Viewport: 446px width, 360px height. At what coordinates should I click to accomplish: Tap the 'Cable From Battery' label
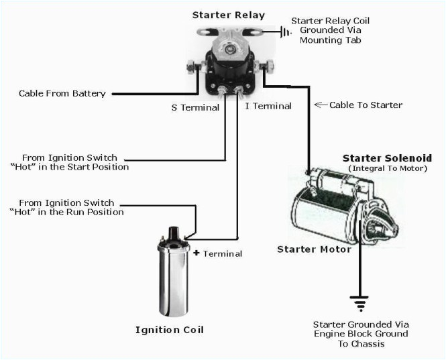pos(62,94)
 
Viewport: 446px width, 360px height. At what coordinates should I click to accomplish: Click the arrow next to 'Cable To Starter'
pos(320,105)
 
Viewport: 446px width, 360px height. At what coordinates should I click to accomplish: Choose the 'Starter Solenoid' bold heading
pos(387,158)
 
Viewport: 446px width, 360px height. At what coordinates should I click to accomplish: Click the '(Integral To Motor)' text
pos(388,168)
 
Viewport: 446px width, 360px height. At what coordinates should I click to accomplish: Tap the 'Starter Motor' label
pos(314,249)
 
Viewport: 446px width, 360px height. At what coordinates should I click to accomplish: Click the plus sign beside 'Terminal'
pos(197,253)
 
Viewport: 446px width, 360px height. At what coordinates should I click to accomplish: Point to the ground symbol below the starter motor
pos(361,304)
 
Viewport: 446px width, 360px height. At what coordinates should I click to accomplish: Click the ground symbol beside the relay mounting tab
pos(286,31)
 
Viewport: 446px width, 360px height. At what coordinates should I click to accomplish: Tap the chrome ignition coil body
pos(172,282)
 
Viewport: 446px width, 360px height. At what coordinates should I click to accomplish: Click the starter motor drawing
pos(335,208)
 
